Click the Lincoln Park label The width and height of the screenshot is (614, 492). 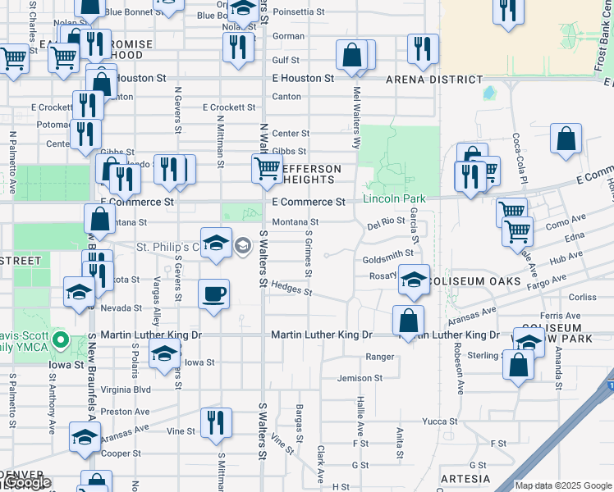395,199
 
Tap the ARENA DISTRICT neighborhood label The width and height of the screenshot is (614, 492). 435,80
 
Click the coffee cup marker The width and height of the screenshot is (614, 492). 213,295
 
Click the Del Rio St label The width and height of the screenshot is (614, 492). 386,221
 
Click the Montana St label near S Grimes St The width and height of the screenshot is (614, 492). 295,222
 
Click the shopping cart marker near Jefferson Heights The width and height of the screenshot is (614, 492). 267,170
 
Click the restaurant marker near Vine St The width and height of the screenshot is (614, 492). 216,422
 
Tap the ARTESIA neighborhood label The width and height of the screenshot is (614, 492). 465,478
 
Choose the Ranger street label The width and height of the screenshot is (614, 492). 380,357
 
